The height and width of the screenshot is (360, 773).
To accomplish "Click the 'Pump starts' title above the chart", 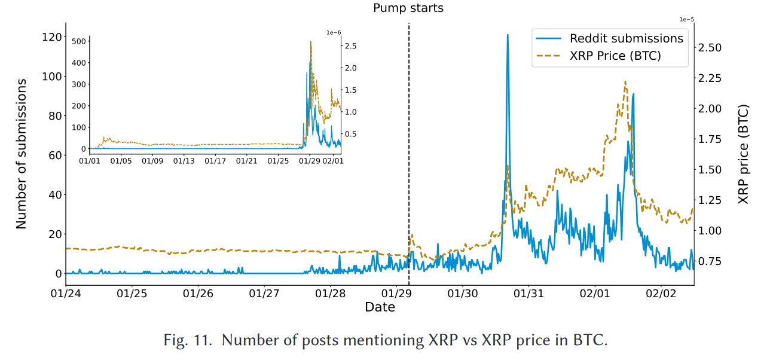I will pyautogui.click(x=408, y=8).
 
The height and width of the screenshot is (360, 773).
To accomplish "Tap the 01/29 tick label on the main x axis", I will pyautogui.click(x=396, y=294).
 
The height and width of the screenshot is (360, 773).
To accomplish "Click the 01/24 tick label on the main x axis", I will pyautogui.click(x=66, y=294).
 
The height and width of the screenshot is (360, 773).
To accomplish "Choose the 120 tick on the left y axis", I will pyautogui.click(x=53, y=37).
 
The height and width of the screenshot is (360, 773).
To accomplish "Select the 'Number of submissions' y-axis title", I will pyautogui.click(x=22, y=154).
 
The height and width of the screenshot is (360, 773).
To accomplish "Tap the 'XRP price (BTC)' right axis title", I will pyautogui.click(x=744, y=154).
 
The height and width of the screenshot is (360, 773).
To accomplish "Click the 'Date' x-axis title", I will pyautogui.click(x=380, y=307).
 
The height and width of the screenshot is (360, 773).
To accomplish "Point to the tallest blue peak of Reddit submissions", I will pyautogui.click(x=508, y=35).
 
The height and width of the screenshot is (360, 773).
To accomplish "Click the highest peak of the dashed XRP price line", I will pyautogui.click(x=625, y=82).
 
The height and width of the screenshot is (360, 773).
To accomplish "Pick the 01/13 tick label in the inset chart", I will pyautogui.click(x=184, y=161).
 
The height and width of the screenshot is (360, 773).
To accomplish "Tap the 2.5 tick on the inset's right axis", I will pyautogui.click(x=350, y=46).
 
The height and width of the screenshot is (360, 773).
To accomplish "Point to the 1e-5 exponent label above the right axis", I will pyautogui.click(x=686, y=19).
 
